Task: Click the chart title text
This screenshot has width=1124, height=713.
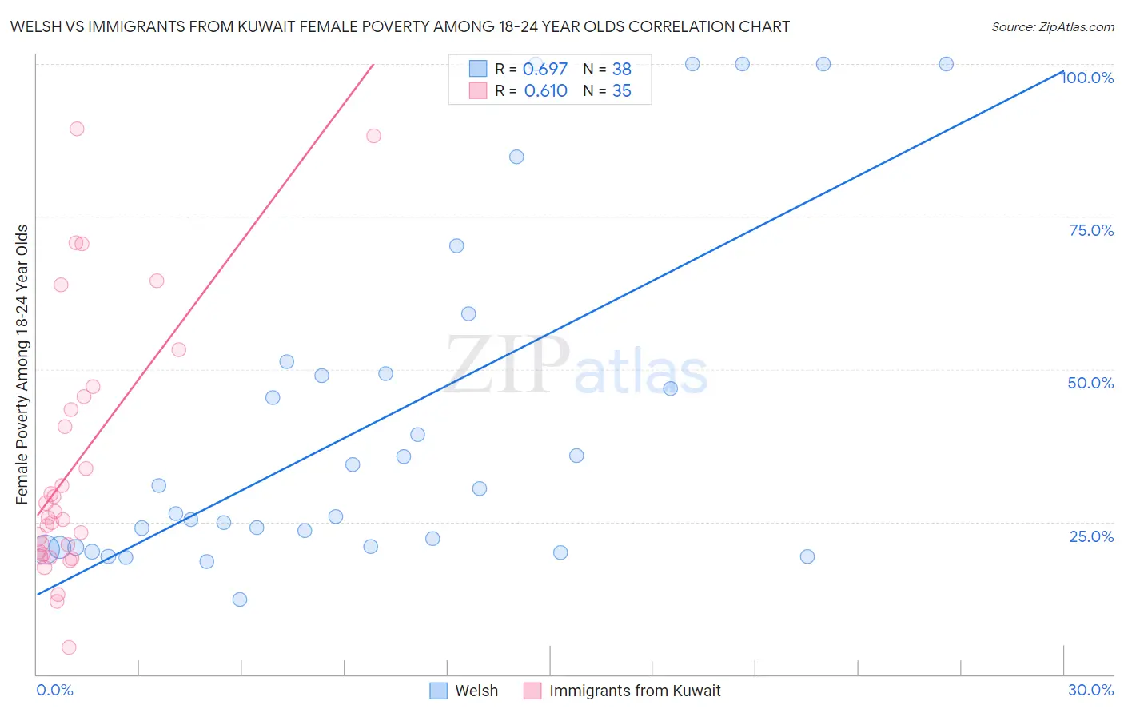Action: coord(400,26)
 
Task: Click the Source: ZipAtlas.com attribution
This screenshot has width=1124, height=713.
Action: coord(1052,26)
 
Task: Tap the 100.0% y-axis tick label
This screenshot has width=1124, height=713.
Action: coord(1087,78)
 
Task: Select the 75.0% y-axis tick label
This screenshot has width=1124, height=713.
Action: coord(1091,230)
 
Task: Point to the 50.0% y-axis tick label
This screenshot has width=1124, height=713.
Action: coord(1090,383)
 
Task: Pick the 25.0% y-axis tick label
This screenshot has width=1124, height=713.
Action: coord(1091,536)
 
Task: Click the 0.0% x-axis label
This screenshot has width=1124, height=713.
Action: coord(54,690)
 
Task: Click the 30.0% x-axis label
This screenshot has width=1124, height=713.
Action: coord(1090,690)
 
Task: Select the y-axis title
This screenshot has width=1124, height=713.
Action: coord(22,364)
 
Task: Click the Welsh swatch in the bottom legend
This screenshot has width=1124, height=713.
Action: coord(438,691)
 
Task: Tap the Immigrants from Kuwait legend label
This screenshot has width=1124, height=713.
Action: coord(635,691)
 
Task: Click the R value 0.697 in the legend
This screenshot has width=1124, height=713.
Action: coord(544,70)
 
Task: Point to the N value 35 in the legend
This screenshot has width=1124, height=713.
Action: coord(621,91)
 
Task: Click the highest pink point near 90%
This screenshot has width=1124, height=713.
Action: coord(77,129)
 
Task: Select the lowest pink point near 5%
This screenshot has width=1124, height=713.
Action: coord(69,647)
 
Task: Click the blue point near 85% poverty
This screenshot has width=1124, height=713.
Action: coord(516,157)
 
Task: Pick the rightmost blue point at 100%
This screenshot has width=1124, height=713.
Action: coord(946,64)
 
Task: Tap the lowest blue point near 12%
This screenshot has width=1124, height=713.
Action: coord(240,599)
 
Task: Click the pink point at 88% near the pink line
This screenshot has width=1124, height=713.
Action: coord(373,136)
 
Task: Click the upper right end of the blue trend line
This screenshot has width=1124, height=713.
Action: coord(1062,71)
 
